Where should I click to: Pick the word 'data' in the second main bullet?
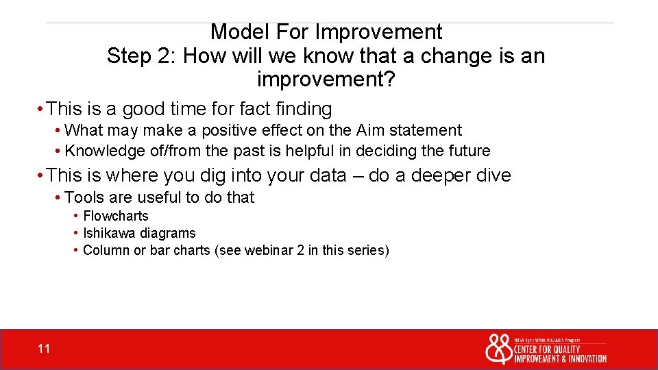[324, 176]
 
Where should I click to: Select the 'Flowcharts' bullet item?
[115, 216]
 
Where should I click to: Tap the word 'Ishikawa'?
[110, 233]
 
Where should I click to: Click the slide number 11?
[44, 349]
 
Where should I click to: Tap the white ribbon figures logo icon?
[498, 349]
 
